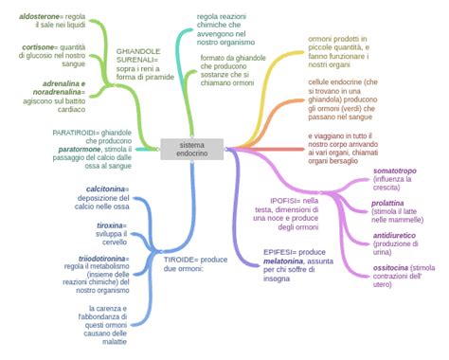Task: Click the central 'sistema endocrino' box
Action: [x=192, y=149]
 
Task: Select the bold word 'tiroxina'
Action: [x=111, y=225]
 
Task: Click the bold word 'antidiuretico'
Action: [x=397, y=234]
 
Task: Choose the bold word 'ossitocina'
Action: [x=391, y=268]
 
